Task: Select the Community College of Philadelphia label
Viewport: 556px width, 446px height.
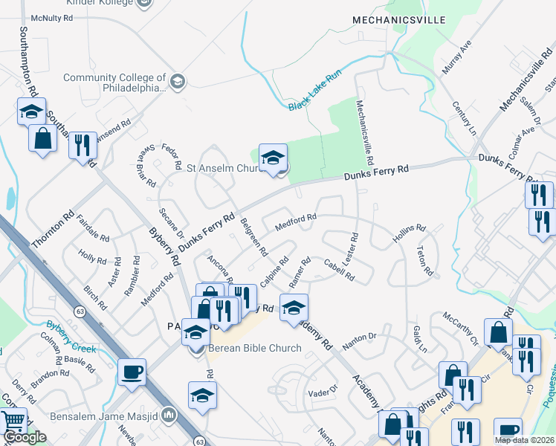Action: [114, 83]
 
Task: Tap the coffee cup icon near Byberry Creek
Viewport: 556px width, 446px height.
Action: [132, 372]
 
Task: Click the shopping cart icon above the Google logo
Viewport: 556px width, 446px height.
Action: [13, 421]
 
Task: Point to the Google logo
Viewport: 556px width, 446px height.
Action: [24, 438]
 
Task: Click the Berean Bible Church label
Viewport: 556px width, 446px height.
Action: [254, 348]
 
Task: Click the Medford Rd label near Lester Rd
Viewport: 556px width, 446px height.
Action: [296, 222]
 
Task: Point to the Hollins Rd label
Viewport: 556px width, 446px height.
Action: [408, 234]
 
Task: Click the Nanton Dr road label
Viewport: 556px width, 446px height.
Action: [360, 341]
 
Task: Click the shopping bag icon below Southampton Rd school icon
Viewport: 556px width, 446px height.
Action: [43, 138]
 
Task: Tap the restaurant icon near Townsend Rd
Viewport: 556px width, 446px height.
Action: [83, 144]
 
